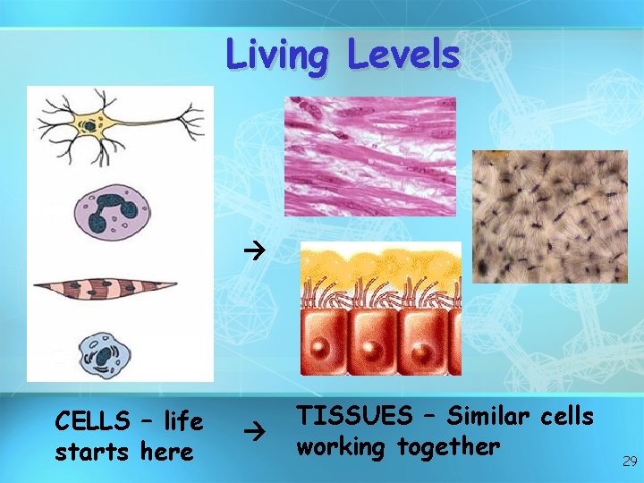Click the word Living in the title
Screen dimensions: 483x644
tap(277, 55)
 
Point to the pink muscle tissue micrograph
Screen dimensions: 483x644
tap(369, 157)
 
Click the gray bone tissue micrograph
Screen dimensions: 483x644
tap(549, 216)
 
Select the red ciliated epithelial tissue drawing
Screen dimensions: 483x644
tap(381, 309)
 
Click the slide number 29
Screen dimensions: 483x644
tap(629, 462)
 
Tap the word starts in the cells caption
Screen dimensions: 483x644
tap(93, 452)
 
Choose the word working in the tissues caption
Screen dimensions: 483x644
tap(344, 446)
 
